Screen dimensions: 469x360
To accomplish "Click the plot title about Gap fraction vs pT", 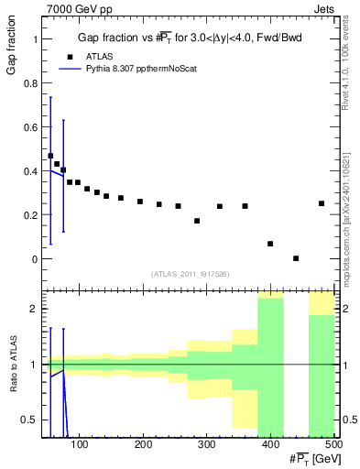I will click(x=190, y=37).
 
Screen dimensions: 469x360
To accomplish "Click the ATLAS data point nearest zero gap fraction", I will click(x=296, y=258).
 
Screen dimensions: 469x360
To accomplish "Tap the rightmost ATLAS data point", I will click(x=322, y=203).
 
